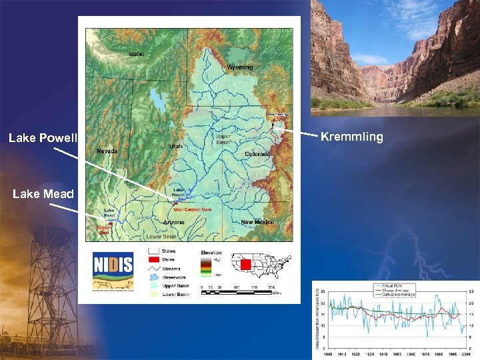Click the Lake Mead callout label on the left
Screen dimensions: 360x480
(x=43, y=194)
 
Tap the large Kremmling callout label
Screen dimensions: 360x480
(x=352, y=137)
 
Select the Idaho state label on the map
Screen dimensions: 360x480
(x=136, y=54)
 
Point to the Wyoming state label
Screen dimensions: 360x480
(x=239, y=67)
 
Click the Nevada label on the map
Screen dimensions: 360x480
(x=107, y=151)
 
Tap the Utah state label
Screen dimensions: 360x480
(x=175, y=146)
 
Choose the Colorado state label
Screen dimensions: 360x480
(x=257, y=154)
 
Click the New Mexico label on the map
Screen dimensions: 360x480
(x=257, y=221)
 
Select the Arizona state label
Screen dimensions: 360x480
(x=174, y=222)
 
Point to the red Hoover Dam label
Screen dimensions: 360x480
(x=102, y=229)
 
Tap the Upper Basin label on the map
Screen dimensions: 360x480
(x=223, y=139)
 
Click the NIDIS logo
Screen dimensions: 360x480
(x=113, y=265)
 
